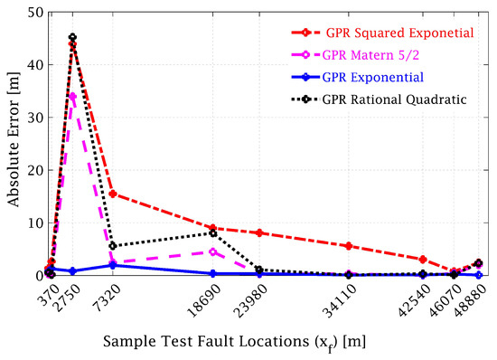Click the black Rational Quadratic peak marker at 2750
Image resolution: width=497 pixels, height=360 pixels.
pos(72,38)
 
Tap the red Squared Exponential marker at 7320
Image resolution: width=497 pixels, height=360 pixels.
pos(112,194)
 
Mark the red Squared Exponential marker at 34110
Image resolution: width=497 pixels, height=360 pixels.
pos(348,246)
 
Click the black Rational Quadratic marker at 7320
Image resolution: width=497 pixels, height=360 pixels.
pos(112,246)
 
